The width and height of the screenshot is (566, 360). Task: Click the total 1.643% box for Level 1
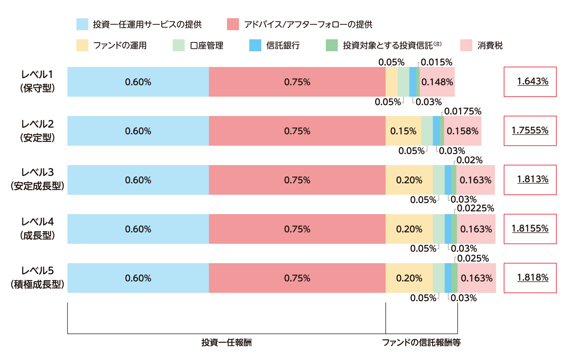(530, 82)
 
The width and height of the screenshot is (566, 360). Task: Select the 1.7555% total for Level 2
(530, 130)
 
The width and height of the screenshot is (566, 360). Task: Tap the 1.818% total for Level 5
(530, 278)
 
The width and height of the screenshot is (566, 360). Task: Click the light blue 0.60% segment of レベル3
(138, 180)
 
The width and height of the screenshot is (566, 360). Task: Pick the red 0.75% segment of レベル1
(297, 82)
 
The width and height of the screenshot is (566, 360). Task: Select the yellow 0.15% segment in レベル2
(403, 131)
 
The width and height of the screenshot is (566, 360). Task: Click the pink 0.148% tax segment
(437, 82)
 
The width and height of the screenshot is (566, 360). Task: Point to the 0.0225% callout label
(475, 208)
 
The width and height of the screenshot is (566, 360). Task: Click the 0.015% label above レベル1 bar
(436, 62)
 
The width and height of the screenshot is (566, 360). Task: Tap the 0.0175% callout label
(463, 111)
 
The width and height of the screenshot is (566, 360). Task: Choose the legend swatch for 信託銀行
(255, 45)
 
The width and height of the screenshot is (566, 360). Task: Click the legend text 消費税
(490, 46)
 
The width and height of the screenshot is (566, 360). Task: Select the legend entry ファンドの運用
(120, 46)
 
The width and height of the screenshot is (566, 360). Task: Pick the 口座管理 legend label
(207, 46)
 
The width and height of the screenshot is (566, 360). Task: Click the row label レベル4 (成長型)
(37, 229)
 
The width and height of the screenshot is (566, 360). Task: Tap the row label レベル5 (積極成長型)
(37, 278)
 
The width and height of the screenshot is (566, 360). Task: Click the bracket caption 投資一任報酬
(226, 342)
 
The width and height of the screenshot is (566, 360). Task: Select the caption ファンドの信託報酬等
(421, 342)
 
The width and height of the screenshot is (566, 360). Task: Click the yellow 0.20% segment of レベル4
(409, 229)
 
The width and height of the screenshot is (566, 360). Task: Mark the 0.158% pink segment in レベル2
(462, 131)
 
